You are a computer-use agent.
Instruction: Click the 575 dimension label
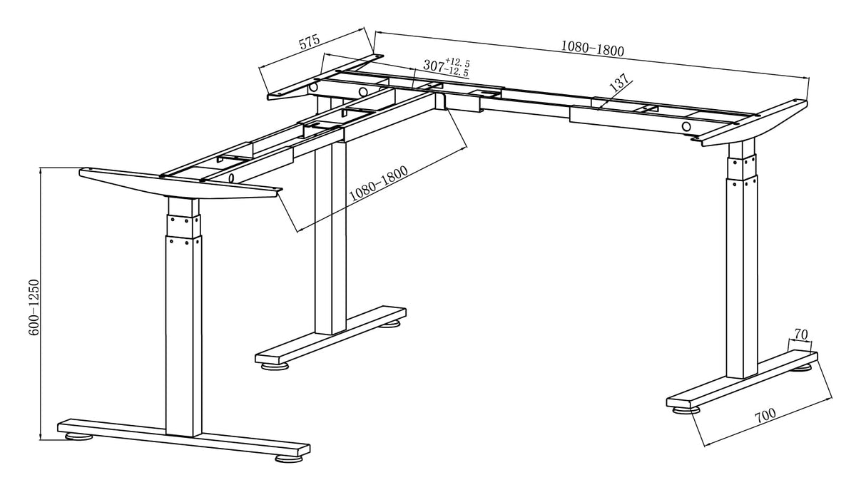click(x=309, y=42)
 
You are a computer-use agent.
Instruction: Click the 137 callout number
click(x=620, y=83)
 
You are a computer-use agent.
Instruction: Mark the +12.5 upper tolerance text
click(x=457, y=62)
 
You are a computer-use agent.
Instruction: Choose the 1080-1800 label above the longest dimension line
click(x=592, y=49)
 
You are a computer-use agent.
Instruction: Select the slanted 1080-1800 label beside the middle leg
click(x=378, y=184)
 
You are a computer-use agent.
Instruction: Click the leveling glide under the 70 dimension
click(x=804, y=367)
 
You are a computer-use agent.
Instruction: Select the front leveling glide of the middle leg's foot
click(x=275, y=367)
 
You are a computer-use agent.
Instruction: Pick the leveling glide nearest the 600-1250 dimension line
click(x=78, y=436)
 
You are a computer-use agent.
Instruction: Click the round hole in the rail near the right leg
click(x=686, y=127)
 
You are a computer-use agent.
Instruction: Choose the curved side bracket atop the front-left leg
click(x=178, y=184)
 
